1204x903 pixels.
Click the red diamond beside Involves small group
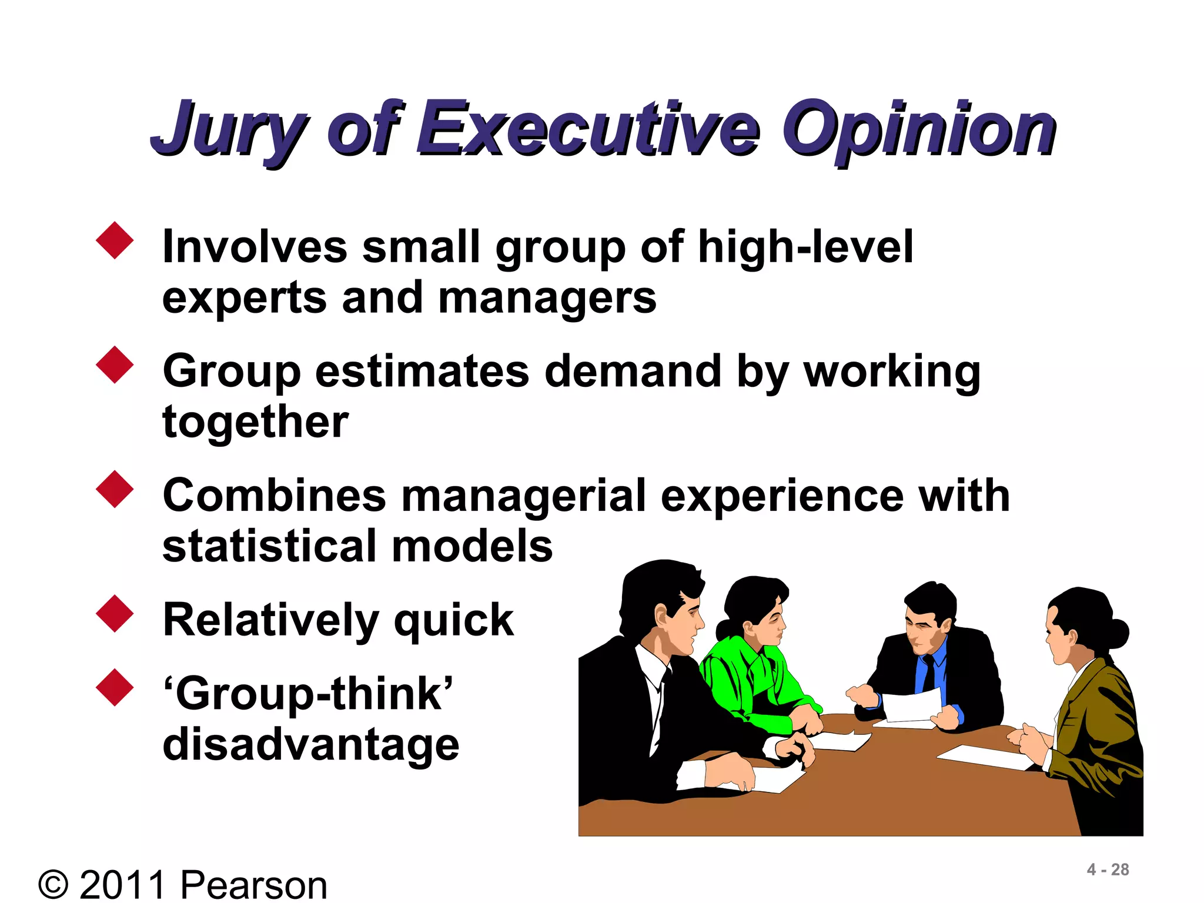[115, 240]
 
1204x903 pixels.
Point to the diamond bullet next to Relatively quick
[115, 614]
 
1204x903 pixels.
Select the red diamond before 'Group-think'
[115, 687]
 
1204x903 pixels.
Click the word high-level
[805, 247]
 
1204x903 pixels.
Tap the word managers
[547, 299]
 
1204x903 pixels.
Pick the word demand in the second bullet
[633, 372]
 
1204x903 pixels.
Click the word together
[256, 422]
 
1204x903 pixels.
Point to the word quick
[454, 621]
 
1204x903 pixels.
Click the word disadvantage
[310, 745]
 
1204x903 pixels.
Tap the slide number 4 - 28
[1108, 869]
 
